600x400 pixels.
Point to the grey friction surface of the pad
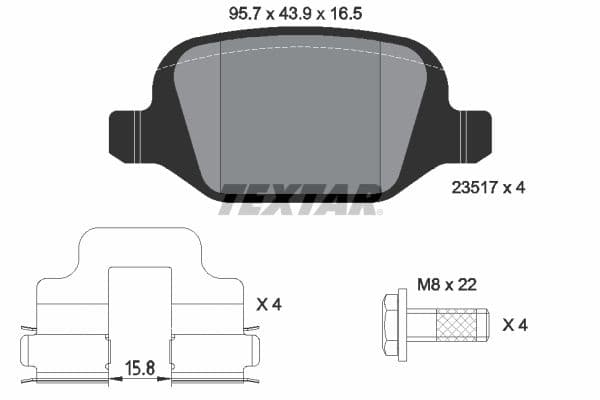pos(300,110)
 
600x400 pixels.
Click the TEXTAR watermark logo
pos(300,199)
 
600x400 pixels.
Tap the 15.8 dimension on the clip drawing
pos(140,369)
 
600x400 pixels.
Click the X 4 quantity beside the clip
pos(269,303)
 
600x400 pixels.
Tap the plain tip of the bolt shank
pos(482,324)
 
